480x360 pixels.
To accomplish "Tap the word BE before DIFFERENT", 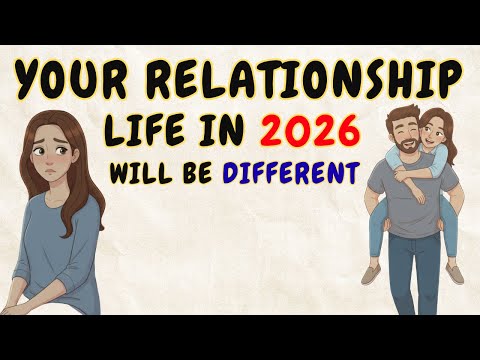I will [207, 172].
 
